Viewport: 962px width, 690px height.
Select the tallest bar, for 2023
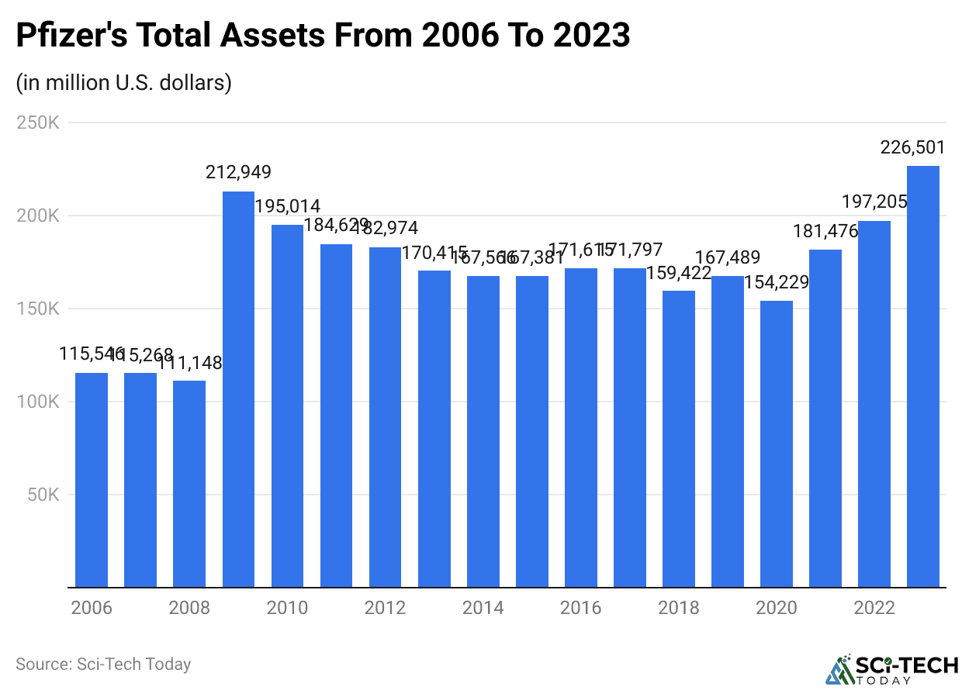[923, 377]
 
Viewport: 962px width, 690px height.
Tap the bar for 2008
[189, 484]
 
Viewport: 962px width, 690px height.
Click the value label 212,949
[238, 172]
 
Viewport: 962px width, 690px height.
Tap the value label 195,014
[287, 207]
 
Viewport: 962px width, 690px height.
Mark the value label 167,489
[728, 257]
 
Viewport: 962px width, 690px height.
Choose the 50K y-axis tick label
[43, 495]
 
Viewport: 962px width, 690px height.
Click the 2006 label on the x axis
[92, 608]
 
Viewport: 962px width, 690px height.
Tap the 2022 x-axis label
[874, 608]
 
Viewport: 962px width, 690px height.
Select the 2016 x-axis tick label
[580, 608]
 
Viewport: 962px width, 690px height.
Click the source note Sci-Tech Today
[103, 664]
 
